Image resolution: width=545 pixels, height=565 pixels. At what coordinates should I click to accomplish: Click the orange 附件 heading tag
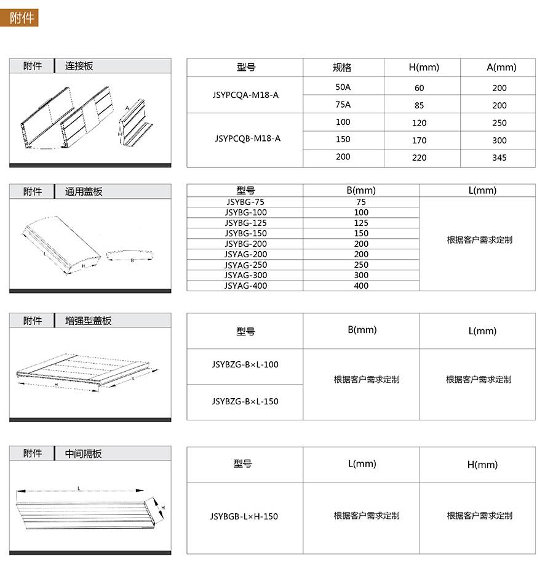tap(23, 18)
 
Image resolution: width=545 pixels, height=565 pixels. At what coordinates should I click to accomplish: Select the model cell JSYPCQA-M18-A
tap(245, 95)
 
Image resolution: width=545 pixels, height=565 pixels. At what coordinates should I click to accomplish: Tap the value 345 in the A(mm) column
tap(499, 158)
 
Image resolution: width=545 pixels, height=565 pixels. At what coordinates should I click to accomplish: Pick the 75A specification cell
tap(343, 104)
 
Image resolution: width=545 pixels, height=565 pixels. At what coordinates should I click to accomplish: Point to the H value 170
tap(419, 140)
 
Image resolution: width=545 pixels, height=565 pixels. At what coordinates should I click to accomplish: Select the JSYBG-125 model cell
tap(245, 223)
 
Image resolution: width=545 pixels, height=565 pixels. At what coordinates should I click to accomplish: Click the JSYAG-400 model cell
tap(245, 286)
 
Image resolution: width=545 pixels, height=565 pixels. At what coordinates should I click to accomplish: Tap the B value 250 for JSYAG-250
tap(361, 265)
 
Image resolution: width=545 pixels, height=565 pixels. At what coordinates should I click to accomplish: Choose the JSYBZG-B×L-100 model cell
tap(245, 364)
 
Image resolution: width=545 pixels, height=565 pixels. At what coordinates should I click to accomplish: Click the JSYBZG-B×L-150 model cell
tap(245, 401)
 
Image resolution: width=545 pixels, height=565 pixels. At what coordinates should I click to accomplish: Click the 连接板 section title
tap(79, 66)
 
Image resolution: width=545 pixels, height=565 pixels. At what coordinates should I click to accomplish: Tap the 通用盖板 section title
tap(84, 191)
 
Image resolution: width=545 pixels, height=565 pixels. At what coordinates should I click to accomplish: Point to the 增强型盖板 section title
tap(89, 321)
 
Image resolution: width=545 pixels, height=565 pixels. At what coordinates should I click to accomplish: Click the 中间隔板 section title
tap(84, 454)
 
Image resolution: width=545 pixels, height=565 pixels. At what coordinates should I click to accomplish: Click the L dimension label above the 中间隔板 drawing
tap(79, 487)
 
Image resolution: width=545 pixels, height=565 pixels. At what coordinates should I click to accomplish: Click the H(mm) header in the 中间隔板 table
tap(482, 465)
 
